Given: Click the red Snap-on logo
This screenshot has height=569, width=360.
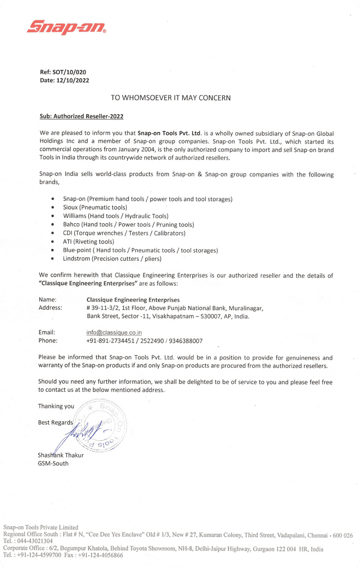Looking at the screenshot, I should (66, 27).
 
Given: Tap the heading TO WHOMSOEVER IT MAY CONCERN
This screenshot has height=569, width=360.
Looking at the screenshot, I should (171, 98).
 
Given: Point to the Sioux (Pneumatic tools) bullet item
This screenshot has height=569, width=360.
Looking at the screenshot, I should (95, 208).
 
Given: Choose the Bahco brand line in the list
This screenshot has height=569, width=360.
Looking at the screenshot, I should (128, 224).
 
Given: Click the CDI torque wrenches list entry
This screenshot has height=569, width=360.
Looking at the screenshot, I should (124, 233).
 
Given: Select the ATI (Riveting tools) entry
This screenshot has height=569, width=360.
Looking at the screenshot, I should (88, 241).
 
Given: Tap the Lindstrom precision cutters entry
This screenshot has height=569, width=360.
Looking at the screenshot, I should (112, 259).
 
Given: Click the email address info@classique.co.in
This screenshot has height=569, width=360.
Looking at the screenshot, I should (112, 333).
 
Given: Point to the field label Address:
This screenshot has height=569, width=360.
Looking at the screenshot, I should (50, 308).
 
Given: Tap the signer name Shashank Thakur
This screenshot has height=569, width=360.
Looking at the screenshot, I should (60, 455).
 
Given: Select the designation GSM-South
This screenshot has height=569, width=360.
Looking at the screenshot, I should (53, 463).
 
